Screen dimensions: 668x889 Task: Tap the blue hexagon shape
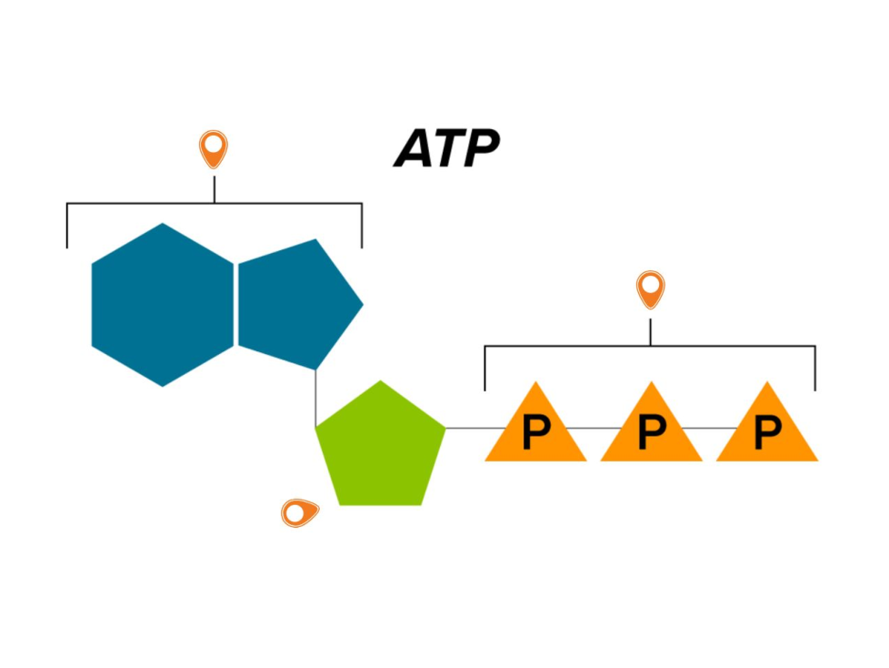tap(163, 305)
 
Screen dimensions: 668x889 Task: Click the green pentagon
tap(381, 446)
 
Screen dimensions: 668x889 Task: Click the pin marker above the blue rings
tap(214, 147)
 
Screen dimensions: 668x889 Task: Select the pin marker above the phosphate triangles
tap(650, 288)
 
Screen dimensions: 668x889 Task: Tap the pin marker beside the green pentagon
tap(298, 513)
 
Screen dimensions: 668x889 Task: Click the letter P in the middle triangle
tap(651, 434)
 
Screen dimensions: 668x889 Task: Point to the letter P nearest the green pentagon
tap(535, 434)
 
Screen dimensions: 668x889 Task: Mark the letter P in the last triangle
tap(767, 434)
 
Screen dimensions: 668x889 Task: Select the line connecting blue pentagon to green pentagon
tap(315, 396)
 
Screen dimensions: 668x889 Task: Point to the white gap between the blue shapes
tap(235, 305)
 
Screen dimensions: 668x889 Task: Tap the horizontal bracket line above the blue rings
tap(136, 204)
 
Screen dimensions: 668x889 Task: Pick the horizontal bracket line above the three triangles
tap(564, 346)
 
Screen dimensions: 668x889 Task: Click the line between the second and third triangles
tap(709, 428)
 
